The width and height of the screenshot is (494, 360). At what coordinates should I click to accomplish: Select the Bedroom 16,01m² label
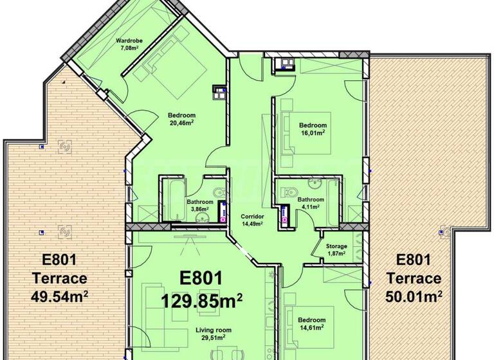[312, 129]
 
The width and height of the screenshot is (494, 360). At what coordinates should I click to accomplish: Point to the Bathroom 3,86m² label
[200, 206]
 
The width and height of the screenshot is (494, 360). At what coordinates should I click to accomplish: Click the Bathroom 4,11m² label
[311, 204]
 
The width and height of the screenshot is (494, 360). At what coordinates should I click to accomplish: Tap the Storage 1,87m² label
[336, 249]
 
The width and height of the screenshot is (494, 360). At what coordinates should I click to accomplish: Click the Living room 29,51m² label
[214, 334]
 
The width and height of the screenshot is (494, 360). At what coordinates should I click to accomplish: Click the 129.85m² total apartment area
[201, 300]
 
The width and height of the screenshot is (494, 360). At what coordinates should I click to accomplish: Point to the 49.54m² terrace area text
[59, 296]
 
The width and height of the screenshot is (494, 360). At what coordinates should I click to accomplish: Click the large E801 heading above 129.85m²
[201, 278]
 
